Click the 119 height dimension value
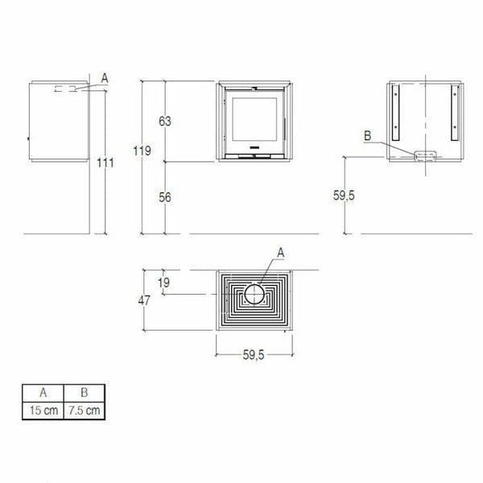(x=142, y=151)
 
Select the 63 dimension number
(x=165, y=122)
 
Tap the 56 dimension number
(x=165, y=197)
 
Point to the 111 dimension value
(x=105, y=163)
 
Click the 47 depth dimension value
(x=144, y=300)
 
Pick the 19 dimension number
(x=163, y=283)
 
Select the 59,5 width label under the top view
(x=254, y=355)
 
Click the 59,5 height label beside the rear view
(x=344, y=196)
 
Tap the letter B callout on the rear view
(x=368, y=136)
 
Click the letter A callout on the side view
(x=105, y=79)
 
